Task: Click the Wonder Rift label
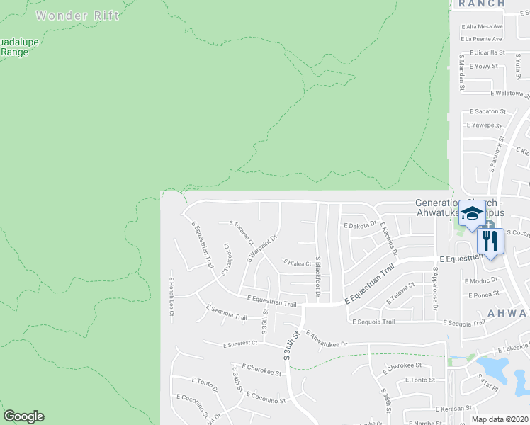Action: click(78, 15)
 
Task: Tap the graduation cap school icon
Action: click(472, 212)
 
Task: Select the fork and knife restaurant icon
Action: click(490, 240)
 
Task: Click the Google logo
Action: click(23, 416)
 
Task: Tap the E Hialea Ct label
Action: click(297, 263)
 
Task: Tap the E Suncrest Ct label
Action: click(239, 344)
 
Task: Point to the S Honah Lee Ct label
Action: click(171, 297)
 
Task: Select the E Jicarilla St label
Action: click(482, 52)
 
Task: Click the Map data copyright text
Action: click(499, 419)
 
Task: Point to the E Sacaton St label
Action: click(485, 111)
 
